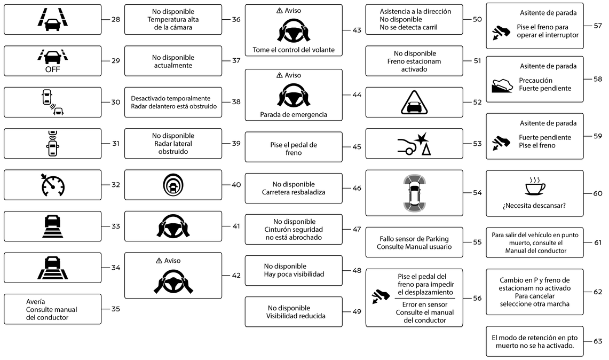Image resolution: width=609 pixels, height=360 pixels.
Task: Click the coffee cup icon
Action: click(x=535, y=186)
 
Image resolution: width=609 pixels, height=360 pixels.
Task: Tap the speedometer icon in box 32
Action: click(x=53, y=185)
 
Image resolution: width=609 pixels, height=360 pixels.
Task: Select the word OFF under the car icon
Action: click(x=52, y=69)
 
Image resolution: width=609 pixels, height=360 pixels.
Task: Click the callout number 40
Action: click(x=236, y=185)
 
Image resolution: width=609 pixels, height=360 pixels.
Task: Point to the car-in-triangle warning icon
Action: click(x=414, y=102)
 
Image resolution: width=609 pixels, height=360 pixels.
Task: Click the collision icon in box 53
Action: click(x=414, y=144)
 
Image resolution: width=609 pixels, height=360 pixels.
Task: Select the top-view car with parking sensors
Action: click(x=414, y=193)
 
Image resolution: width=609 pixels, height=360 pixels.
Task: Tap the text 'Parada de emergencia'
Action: click(x=294, y=115)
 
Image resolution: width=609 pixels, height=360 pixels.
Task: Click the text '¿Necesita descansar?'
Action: click(x=534, y=206)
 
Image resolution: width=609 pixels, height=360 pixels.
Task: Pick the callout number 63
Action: click(x=598, y=341)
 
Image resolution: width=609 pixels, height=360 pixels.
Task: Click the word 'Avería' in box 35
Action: click(x=35, y=302)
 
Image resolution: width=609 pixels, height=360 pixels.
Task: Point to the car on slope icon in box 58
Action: click(x=502, y=85)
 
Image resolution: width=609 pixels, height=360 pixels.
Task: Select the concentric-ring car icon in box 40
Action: click(x=173, y=185)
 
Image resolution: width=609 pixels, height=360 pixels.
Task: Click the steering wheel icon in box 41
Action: click(x=173, y=226)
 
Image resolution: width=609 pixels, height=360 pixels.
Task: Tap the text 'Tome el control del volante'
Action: click(x=294, y=50)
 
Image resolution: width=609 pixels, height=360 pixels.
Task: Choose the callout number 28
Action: click(x=116, y=19)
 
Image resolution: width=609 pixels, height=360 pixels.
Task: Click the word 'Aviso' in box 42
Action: click(x=172, y=261)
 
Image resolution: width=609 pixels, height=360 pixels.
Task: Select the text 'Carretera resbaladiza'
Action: click(x=294, y=192)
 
